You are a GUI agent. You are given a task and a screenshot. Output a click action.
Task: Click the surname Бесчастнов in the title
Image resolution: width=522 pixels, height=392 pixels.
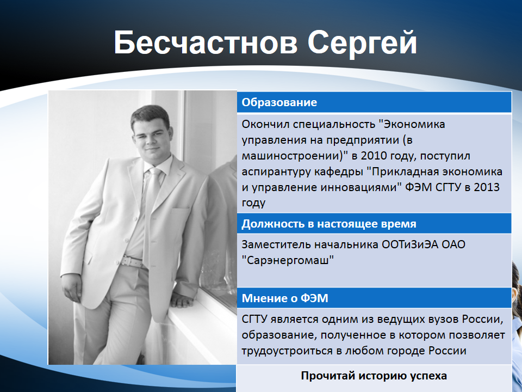click(206, 43)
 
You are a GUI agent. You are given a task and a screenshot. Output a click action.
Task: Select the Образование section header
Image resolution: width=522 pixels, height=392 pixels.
click(279, 102)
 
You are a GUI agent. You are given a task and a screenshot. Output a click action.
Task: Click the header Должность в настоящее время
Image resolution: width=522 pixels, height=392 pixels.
click(329, 224)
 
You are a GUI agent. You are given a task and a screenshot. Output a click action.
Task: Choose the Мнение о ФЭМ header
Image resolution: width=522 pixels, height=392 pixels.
click(285, 298)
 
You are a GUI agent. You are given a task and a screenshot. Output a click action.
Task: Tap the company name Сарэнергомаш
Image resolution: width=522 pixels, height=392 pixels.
click(288, 260)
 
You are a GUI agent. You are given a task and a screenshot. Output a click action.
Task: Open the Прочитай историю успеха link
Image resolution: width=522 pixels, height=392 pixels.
click(374, 376)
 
